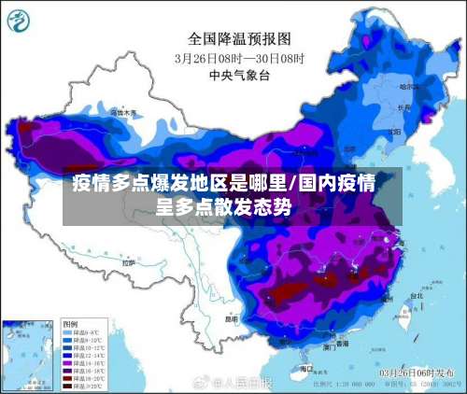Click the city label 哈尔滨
click(407, 86)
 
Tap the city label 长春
click(403, 106)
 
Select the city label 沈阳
click(391, 125)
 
